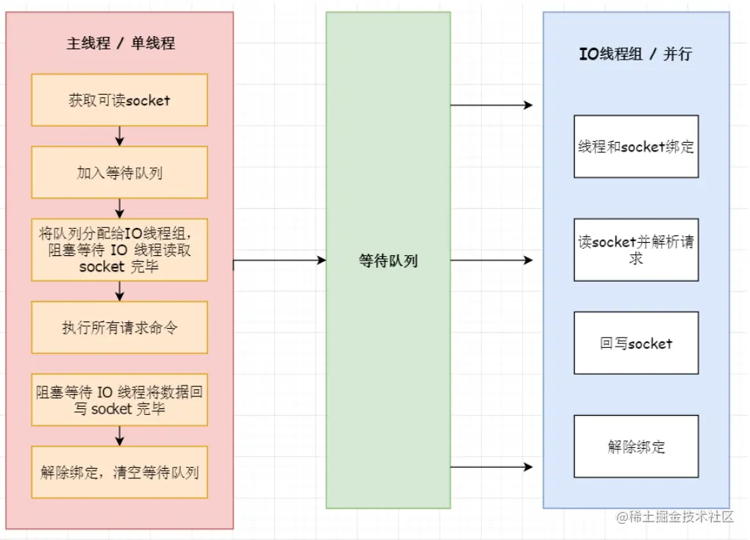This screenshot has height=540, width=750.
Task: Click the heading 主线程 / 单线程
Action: click(121, 43)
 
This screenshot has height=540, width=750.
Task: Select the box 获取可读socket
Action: click(119, 100)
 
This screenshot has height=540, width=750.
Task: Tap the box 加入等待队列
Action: click(119, 172)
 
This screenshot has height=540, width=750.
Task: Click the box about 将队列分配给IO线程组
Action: click(119, 249)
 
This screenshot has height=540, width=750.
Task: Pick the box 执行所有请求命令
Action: click(119, 327)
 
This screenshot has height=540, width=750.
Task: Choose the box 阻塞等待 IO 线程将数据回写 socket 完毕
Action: click(119, 399)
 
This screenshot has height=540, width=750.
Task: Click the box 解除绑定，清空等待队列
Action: click(119, 472)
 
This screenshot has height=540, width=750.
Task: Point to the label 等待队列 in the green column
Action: click(388, 260)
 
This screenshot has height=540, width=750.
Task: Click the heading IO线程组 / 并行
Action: click(635, 54)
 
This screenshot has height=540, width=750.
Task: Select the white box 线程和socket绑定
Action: click(636, 146)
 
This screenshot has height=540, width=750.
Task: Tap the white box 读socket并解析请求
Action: click(636, 249)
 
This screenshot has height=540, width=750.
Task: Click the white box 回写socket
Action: click(636, 343)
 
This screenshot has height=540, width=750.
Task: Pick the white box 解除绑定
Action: click(636, 446)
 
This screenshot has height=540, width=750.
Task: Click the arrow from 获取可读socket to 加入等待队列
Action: click(120, 136)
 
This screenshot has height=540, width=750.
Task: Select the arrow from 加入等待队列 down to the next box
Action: click(120, 208)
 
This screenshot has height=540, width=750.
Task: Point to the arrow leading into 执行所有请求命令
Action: click(120, 291)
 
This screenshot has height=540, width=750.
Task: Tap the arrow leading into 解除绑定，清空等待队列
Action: click(120, 436)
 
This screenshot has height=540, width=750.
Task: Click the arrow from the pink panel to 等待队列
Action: click(279, 260)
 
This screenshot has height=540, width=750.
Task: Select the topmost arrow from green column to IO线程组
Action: click(491, 105)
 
